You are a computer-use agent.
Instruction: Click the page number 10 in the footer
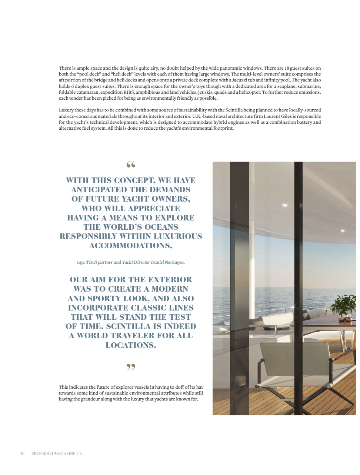[22, 454]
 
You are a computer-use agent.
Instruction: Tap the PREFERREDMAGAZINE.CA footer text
[57, 454]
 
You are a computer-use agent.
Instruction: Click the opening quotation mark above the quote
[131, 165]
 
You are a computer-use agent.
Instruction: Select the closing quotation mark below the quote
[131, 367]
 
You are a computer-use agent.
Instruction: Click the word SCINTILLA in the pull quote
[129, 326]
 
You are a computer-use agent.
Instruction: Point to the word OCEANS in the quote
[162, 227]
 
